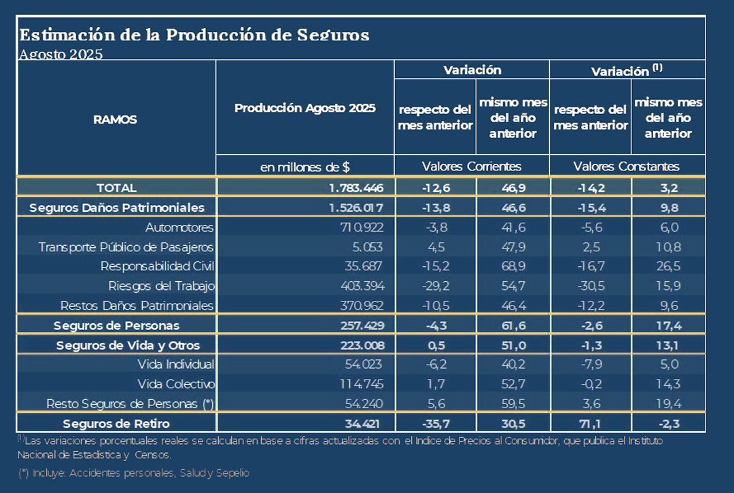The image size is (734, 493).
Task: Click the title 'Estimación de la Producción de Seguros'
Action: pos(194,35)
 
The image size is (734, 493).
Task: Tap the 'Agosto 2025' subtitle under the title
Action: pos(61,55)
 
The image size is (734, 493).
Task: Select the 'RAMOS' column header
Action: pos(115,120)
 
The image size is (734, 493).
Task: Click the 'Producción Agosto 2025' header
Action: pos(304,108)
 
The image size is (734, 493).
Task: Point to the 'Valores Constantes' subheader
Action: pos(626,166)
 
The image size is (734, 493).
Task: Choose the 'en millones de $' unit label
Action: pos(304,166)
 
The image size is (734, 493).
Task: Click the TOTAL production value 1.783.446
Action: pos(351,188)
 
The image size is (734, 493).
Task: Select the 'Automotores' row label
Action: pos(179,227)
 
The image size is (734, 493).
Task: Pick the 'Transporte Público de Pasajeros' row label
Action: pos(126,246)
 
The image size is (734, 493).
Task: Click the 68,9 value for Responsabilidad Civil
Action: pos(512,266)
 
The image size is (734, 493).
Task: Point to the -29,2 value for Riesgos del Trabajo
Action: pos(434,285)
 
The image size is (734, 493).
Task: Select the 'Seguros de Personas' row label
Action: pos(116,326)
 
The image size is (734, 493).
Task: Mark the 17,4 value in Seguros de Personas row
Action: pos(668,326)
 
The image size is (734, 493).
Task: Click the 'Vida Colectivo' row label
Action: pos(176,384)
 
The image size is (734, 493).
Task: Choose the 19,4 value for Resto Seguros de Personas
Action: pos(668,404)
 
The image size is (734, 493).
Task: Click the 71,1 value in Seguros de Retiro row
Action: pos(590,424)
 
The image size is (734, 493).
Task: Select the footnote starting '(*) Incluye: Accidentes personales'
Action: pos(134,473)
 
